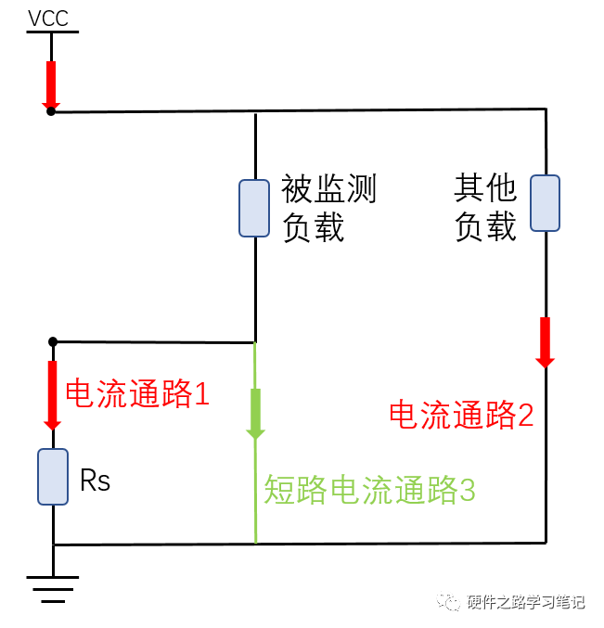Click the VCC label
pyautogui.click(x=48, y=19)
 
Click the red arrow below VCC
pyautogui.click(x=51, y=84)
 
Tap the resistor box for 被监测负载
pyautogui.click(x=254, y=208)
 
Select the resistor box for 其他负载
pyautogui.click(x=546, y=202)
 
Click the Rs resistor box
pyautogui.click(x=53, y=476)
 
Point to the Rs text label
pyautogui.click(x=96, y=481)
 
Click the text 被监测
pyautogui.click(x=328, y=191)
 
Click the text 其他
pyautogui.click(x=484, y=189)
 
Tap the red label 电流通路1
pyautogui.click(x=137, y=395)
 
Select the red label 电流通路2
pyautogui.click(x=460, y=415)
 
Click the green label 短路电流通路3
pyautogui.click(x=369, y=490)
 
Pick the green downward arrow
pyautogui.click(x=255, y=414)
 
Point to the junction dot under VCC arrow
pyautogui.click(x=51, y=111)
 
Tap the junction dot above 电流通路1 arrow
pyautogui.click(x=53, y=342)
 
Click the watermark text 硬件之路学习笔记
pyautogui.click(x=525, y=602)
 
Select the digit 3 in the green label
pyautogui.click(x=467, y=490)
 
